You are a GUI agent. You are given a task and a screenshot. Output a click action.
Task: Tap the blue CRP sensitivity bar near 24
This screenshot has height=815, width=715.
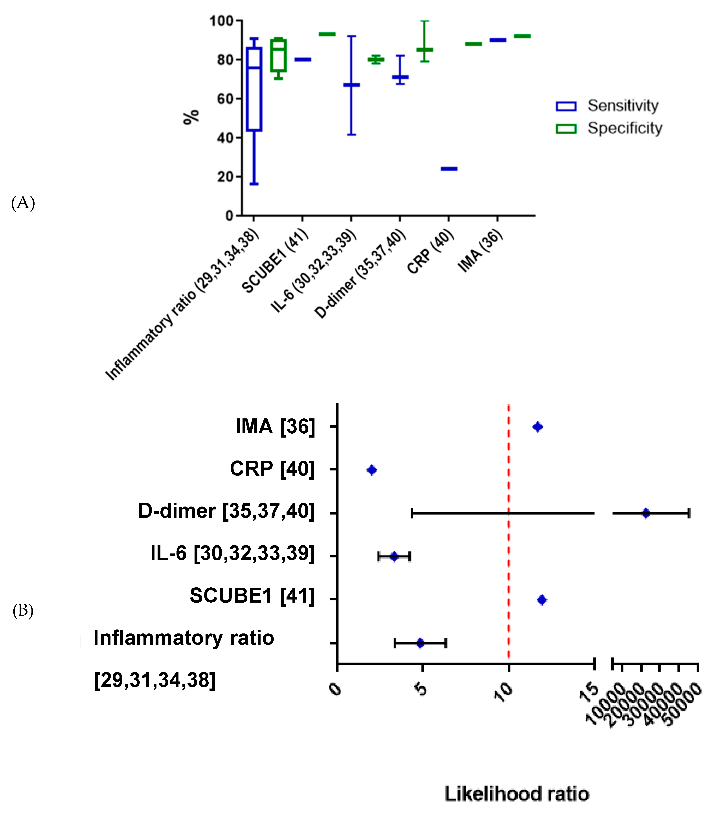(449, 169)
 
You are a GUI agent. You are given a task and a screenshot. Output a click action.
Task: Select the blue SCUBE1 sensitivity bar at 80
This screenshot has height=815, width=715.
(303, 59)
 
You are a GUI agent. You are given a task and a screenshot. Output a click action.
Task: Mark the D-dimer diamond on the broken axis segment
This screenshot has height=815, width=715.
(646, 513)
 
